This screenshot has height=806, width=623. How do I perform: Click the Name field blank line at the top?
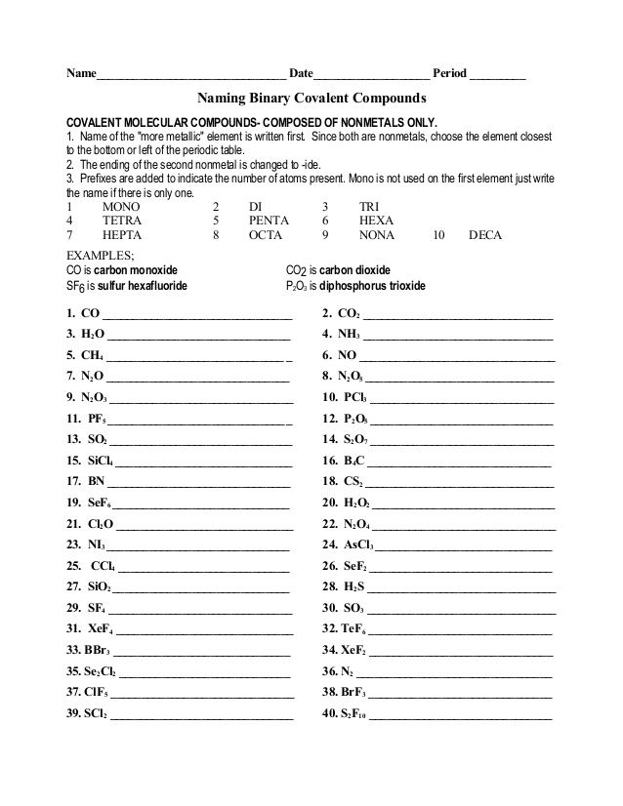pyautogui.click(x=191, y=75)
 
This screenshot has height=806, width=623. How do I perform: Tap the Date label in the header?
pyautogui.click(x=301, y=73)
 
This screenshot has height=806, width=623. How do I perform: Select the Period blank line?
pyautogui.click(x=498, y=75)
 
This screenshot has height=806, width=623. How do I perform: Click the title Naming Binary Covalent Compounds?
pyautogui.click(x=312, y=99)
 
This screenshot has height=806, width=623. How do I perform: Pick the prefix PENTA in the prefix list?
pyautogui.click(x=269, y=222)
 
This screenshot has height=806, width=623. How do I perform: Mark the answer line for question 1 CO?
pyautogui.click(x=197, y=317)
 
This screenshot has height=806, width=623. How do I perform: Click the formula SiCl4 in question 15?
pyautogui.click(x=100, y=461)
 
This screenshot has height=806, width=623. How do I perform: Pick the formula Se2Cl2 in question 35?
pyautogui.click(x=104, y=672)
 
